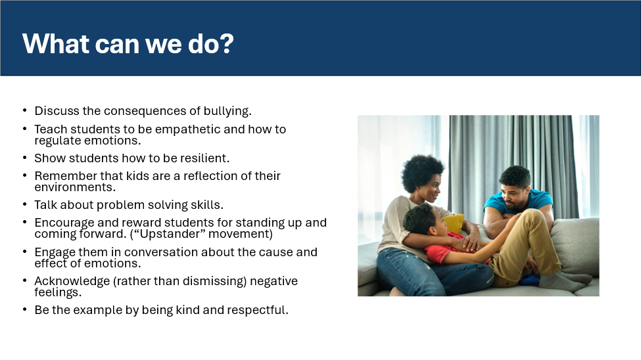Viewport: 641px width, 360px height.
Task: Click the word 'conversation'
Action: [158, 252]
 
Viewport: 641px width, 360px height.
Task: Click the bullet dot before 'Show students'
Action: [25, 158]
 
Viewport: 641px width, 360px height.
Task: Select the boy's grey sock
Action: [565, 281]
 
